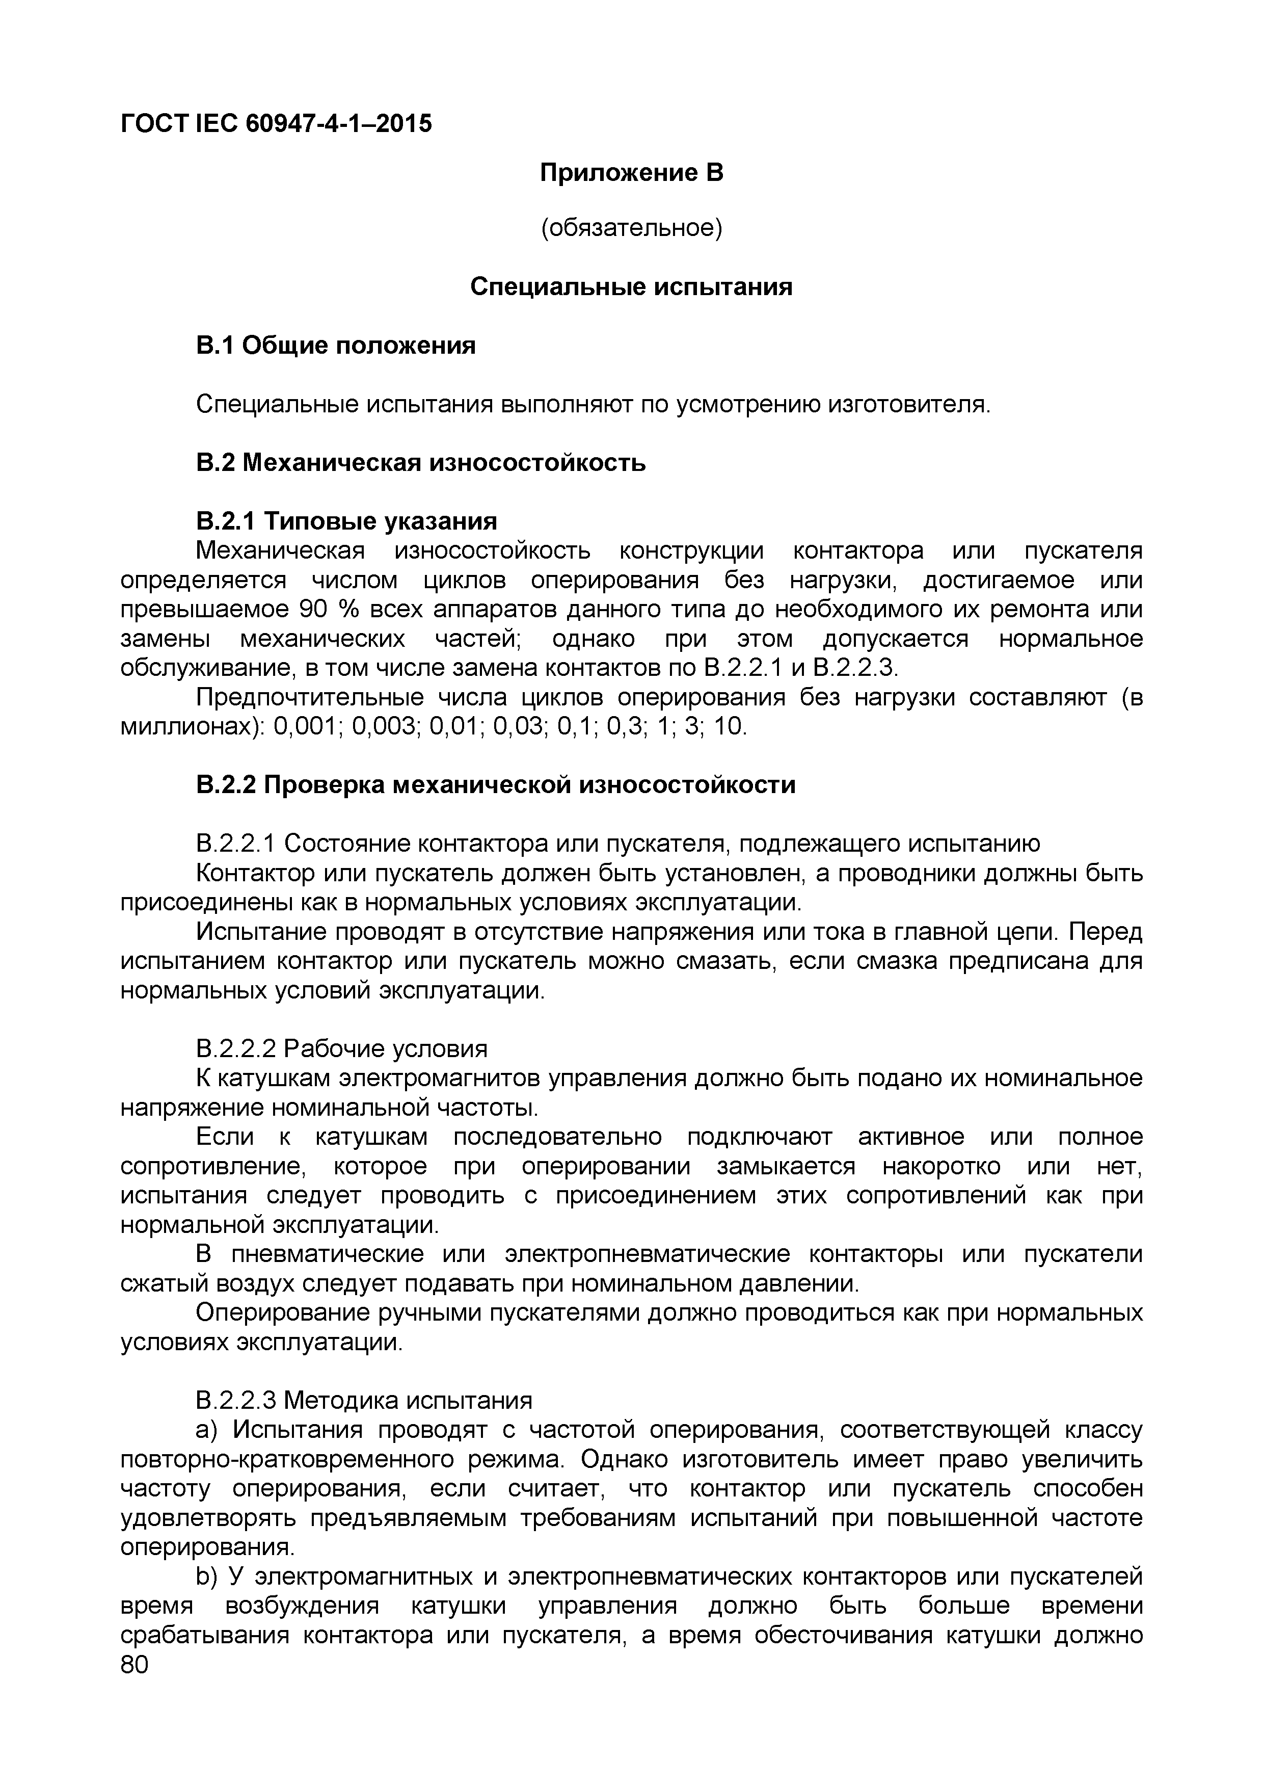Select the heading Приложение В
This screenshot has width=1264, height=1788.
click(x=631, y=172)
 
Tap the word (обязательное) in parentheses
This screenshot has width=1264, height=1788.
click(x=631, y=228)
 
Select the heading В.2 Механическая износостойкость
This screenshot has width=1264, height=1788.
click(x=420, y=463)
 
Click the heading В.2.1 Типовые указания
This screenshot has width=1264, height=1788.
click(x=346, y=520)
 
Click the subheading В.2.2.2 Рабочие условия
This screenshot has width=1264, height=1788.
click(x=342, y=1049)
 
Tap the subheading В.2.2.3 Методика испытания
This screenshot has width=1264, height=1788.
click(x=364, y=1401)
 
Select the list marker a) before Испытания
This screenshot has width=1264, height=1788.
click(x=209, y=1431)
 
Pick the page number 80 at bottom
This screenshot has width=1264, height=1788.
click(x=134, y=1666)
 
